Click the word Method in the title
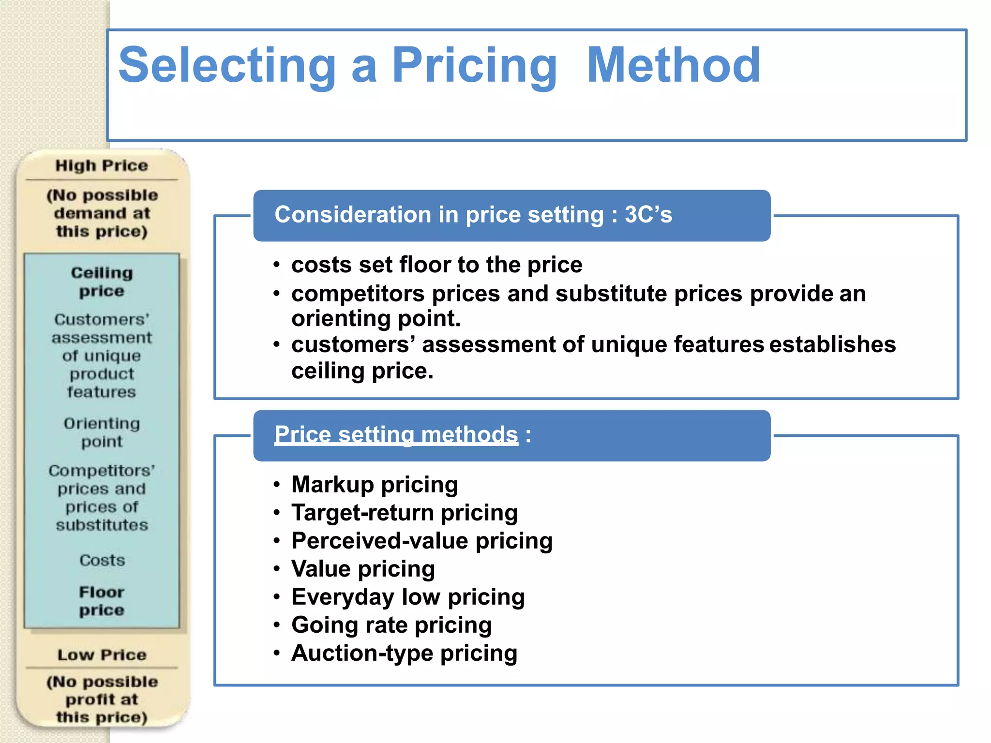673,65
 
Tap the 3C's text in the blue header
648,214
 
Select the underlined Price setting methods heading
396,434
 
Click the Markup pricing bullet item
375,484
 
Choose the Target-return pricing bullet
405,512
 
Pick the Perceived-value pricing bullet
421,540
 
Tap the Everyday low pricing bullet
408,596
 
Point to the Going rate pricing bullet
391,624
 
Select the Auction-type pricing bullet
404,653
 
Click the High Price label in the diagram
102,165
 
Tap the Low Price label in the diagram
102,655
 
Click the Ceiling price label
102,282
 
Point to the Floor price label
102,601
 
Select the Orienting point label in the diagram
102,432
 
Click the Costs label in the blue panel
102,560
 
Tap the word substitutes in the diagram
102,525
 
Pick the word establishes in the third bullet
832,344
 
